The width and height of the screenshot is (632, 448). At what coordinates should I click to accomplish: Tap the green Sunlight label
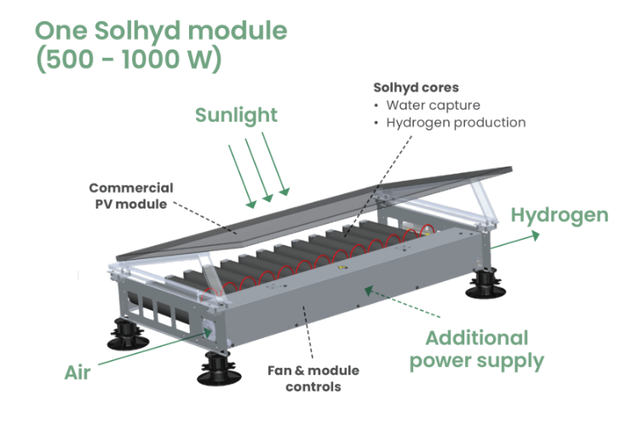coord(236,114)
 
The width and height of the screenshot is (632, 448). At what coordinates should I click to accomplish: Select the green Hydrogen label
coord(559,215)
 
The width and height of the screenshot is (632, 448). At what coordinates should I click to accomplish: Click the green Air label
coord(78,372)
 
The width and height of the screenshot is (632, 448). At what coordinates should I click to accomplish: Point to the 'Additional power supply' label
coord(476,349)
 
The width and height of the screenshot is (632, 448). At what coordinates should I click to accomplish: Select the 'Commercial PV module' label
coord(130,196)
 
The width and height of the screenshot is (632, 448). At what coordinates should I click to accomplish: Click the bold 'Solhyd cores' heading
coord(416,88)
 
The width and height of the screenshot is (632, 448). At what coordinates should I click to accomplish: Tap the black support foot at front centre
coord(216,368)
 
